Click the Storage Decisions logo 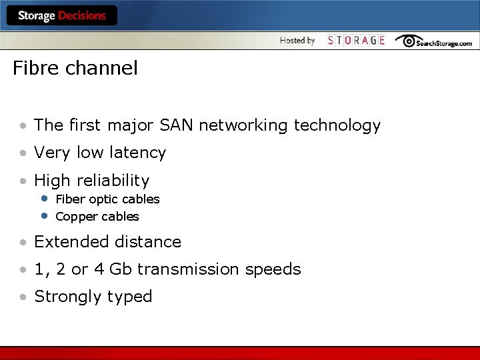(x=61, y=15)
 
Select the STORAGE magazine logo (x=356, y=41)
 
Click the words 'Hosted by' (x=297, y=41)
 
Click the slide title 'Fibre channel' (x=75, y=68)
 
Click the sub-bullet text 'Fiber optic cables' (x=107, y=199)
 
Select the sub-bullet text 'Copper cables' (x=97, y=217)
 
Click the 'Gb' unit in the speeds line (x=121, y=269)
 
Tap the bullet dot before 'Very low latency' (x=23, y=153)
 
